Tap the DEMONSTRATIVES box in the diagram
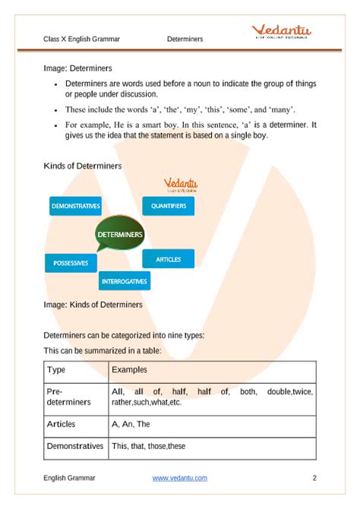[75, 206]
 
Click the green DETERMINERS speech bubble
[119, 236]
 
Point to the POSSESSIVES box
[71, 264]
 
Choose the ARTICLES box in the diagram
[168, 259]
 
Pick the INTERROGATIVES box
[125, 281]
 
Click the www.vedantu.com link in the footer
[175, 478]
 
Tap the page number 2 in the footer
[314, 478]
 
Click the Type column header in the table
[56, 370]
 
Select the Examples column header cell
[129, 370]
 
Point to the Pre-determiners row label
[68, 396]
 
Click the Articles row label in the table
[62, 424]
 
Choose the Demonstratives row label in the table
[74, 446]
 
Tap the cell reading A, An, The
[131, 424]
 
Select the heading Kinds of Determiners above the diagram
[83, 165]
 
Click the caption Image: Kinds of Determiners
[93, 305]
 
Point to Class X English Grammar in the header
[81, 38]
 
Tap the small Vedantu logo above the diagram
[181, 185]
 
